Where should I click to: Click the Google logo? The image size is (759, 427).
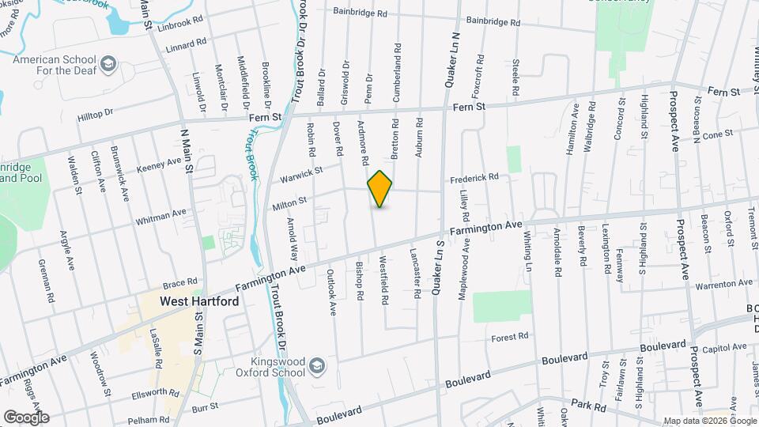pos(26,417)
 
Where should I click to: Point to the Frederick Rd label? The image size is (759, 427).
pos(474,178)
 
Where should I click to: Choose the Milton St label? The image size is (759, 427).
pos(289,204)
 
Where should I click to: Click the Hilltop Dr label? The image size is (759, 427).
pos(96,116)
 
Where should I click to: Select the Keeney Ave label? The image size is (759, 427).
pos(159,164)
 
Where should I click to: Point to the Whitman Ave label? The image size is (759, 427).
pos(160,215)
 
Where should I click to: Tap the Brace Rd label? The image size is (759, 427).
pos(179,282)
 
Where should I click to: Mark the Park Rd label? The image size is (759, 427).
pos(589,406)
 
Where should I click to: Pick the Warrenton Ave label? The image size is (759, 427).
pos(724,283)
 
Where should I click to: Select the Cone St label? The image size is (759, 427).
pos(718,134)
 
